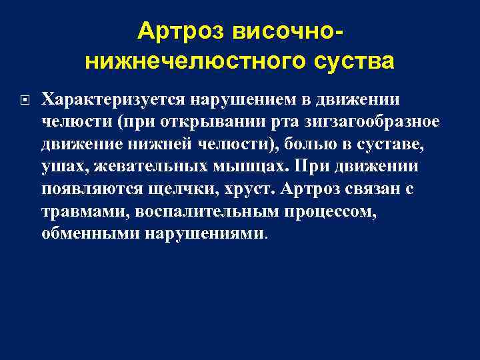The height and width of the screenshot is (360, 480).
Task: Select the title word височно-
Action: pyautogui.click(x=289, y=31)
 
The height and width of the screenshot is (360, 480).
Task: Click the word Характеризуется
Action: pyautogui.click(x=114, y=100)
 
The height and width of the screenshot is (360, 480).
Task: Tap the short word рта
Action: pyautogui.click(x=250, y=123)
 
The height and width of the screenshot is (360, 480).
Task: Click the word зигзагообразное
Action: pyautogui.click(x=353, y=123)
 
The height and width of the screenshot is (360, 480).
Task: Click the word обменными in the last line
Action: pyautogui.click(x=89, y=235)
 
